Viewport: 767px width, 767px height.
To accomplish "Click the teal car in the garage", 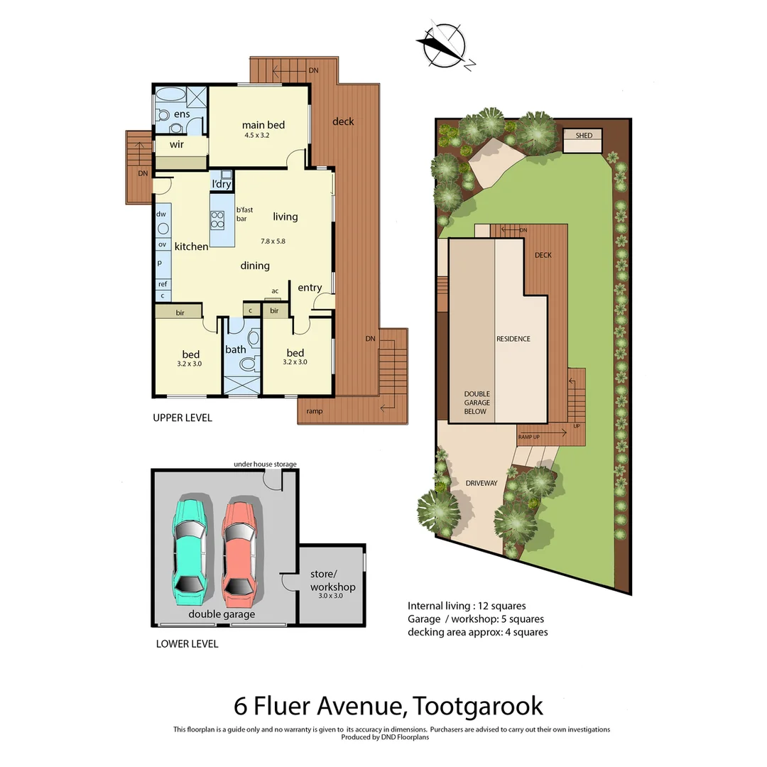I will point(190,546).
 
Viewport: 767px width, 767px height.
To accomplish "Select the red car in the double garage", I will point(239,548).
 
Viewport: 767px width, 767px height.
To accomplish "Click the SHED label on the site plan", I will point(583,136).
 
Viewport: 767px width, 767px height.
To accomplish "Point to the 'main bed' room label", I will point(263,126).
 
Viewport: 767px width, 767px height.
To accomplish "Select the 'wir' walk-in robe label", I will point(176,144).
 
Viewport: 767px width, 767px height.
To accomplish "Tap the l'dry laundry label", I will point(222,185).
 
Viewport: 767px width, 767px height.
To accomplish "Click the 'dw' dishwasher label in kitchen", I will point(161,214).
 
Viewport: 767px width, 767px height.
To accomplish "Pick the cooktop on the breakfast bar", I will point(217,219).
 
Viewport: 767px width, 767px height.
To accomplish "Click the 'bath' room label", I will point(236,349).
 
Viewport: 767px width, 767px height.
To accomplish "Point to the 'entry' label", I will point(310,288).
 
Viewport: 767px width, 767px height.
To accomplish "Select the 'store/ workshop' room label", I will point(332,581).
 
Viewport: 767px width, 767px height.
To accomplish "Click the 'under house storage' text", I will point(265,464).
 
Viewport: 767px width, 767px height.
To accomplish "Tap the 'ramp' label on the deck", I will point(314,411).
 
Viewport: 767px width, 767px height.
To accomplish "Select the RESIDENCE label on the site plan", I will point(513,339).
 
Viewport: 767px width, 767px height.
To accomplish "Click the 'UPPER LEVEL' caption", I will point(183,418).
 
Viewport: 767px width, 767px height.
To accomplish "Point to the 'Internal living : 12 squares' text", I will point(467,606).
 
